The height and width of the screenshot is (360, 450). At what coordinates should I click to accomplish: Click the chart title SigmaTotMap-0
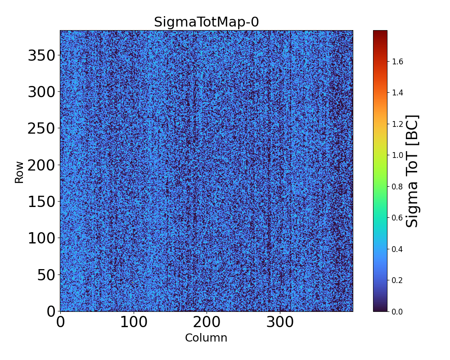[x=206, y=22]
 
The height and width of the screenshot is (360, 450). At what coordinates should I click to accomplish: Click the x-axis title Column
[x=206, y=338]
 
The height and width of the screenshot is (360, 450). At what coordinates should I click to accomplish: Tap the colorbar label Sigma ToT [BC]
[x=412, y=171]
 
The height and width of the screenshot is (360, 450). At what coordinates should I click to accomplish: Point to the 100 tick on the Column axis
[x=133, y=322]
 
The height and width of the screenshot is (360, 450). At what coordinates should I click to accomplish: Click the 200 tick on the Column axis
[x=207, y=322]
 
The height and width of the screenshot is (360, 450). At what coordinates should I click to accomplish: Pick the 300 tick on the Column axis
[x=280, y=322]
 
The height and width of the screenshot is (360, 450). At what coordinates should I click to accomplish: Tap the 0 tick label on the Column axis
[x=60, y=322]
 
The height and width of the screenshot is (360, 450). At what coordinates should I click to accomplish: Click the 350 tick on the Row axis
[x=41, y=56]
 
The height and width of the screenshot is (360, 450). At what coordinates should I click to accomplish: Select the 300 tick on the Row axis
[x=41, y=92]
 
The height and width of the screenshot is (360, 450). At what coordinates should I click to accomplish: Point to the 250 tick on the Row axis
[x=41, y=129]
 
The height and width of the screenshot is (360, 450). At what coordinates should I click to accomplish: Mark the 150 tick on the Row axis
[x=41, y=202]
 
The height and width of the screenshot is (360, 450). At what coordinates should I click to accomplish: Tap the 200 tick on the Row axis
[x=41, y=165]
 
